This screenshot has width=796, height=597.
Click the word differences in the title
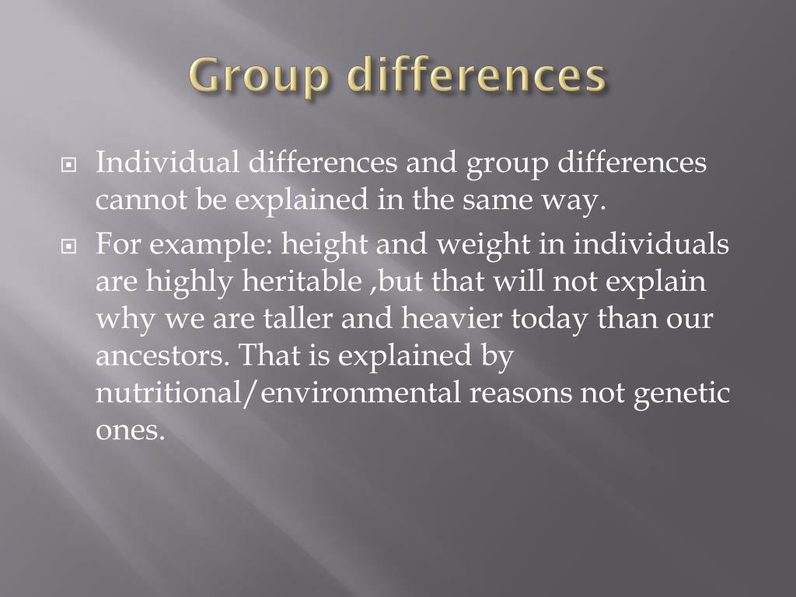click(x=477, y=76)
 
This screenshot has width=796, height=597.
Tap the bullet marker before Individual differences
click(x=69, y=166)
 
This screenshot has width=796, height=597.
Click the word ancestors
click(x=162, y=356)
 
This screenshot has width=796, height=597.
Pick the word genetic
click(x=682, y=394)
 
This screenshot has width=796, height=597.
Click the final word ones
click(x=130, y=431)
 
